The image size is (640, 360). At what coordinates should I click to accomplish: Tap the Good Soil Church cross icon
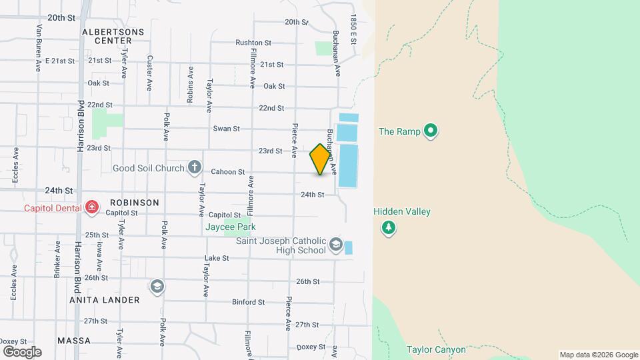pos(194,167)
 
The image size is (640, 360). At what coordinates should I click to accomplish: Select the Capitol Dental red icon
pos(91,208)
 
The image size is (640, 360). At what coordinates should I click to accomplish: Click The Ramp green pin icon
pos(431,131)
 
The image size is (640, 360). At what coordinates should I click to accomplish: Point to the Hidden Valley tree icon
pos(388,229)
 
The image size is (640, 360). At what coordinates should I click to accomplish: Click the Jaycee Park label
pos(230,227)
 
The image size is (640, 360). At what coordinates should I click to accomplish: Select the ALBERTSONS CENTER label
pos(107,36)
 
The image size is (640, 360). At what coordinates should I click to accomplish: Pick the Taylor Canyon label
pos(436,349)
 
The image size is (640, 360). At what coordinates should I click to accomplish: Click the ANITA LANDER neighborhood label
pos(105,300)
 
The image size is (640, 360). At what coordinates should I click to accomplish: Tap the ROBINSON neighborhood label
pos(135,203)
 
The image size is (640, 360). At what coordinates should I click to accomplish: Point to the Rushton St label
pos(253,43)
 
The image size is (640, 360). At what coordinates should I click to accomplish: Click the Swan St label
pos(226,129)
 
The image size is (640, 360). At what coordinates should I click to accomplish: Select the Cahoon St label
pos(229,172)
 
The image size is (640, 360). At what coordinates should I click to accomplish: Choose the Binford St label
pos(248,302)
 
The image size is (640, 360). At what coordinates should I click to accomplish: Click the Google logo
pos(22,351)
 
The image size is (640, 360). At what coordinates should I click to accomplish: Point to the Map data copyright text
pos(598,355)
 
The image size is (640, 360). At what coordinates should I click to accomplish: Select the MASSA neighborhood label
pos(73,341)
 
